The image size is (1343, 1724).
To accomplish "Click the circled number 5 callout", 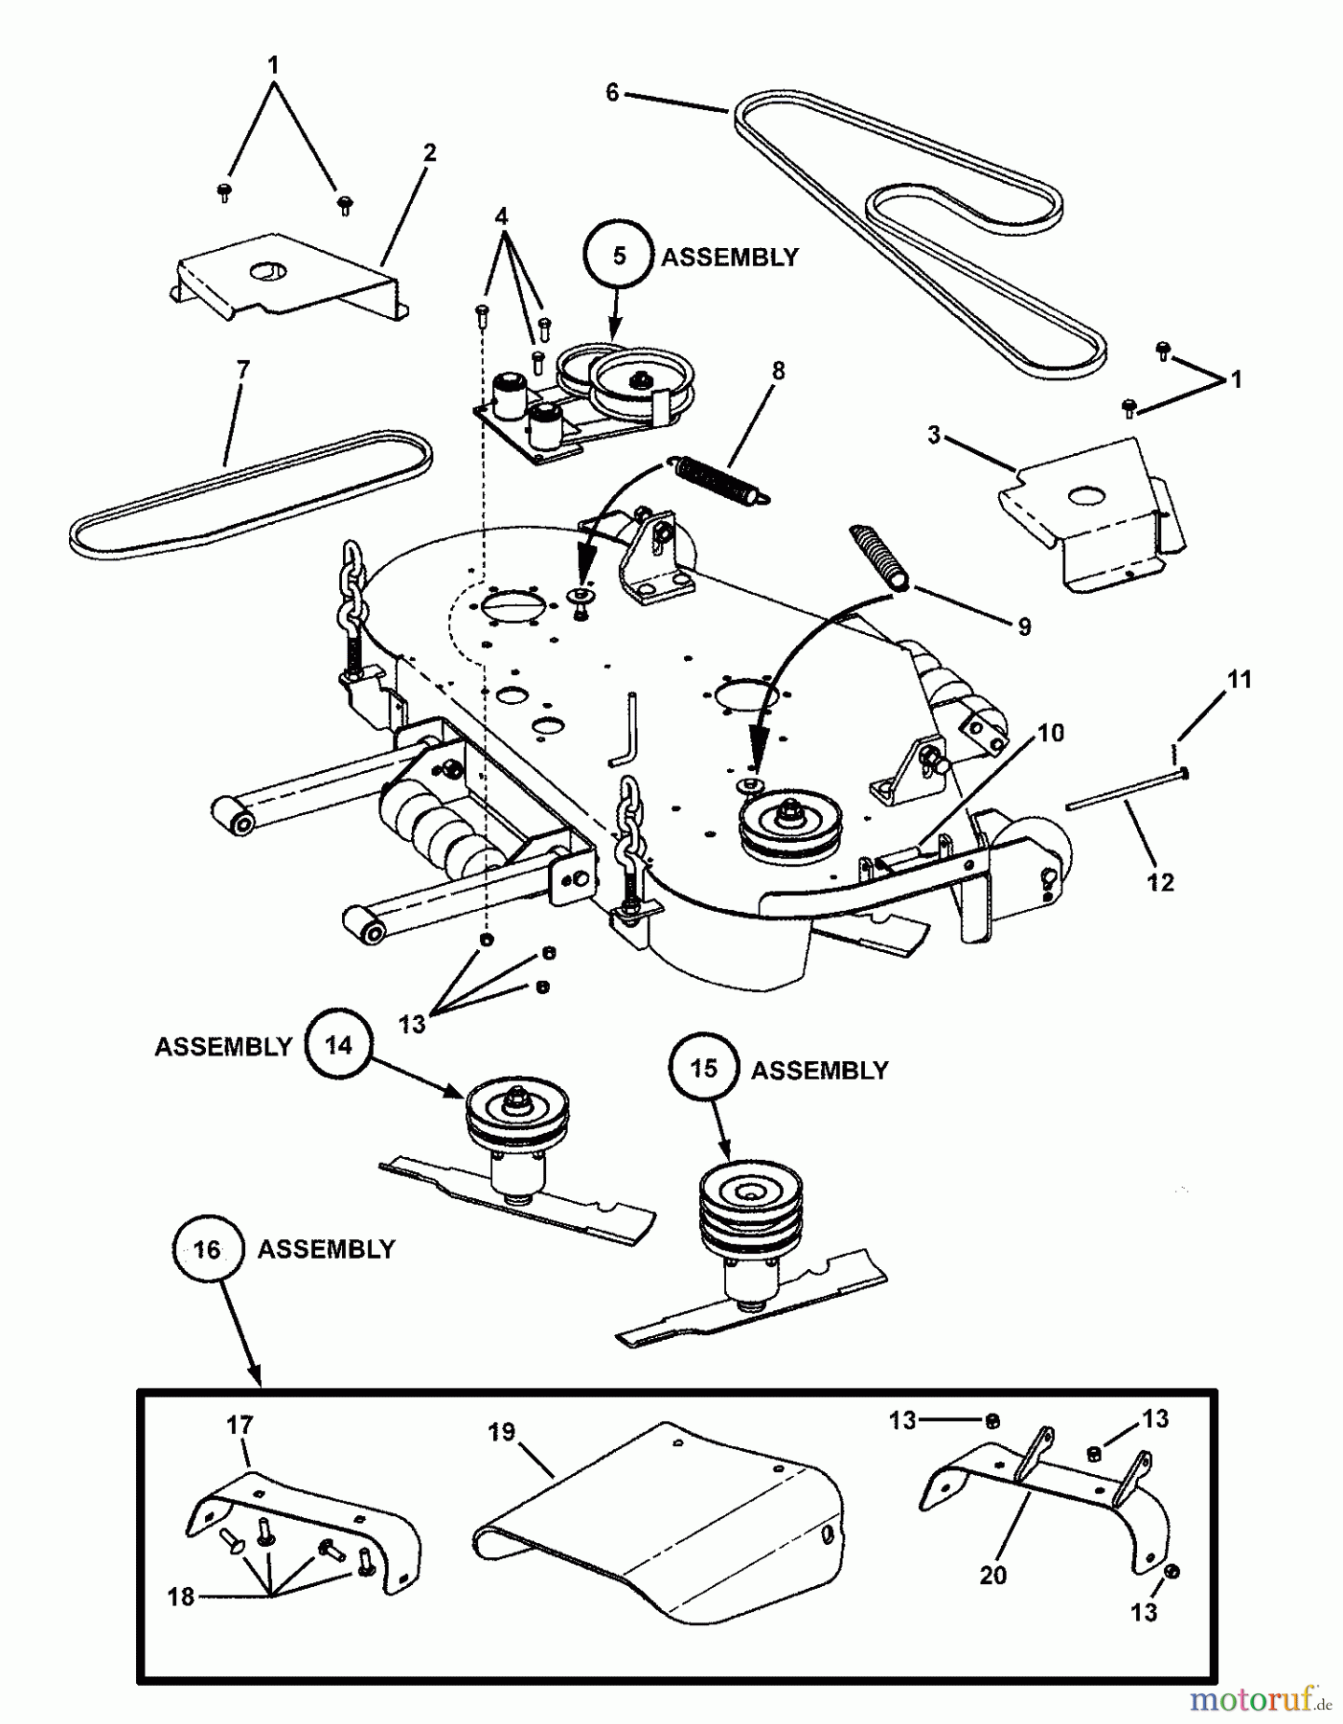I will point(619,257).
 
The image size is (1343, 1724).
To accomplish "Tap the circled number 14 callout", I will point(338,1045).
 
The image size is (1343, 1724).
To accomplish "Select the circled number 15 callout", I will point(704,1069).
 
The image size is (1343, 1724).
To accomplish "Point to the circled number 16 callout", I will point(207,1249).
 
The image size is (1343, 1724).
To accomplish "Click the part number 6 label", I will point(613,93).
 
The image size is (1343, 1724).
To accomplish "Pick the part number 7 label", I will point(242,369).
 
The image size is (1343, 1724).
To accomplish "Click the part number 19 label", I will point(501,1432).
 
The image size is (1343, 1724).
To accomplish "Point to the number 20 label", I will point(993,1575).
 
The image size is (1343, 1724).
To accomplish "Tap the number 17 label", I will point(239,1425).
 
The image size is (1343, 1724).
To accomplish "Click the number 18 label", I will point(180,1597).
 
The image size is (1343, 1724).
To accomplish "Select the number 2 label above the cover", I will point(429,152).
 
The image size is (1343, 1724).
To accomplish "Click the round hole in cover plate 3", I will point(1086,496).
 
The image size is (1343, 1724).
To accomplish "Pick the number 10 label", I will point(1051,733).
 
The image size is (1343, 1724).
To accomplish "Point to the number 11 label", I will point(1240,679).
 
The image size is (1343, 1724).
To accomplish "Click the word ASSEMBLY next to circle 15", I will point(819,1070).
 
